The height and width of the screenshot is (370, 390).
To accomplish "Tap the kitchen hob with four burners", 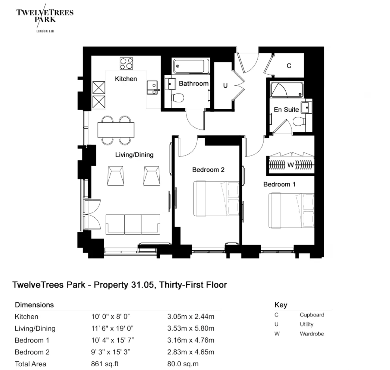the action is point(126,63).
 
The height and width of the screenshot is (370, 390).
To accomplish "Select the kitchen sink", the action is point(153,87).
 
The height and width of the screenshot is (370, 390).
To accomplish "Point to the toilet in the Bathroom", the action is point(178,98).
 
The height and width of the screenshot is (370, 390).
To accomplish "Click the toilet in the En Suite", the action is point(299,121).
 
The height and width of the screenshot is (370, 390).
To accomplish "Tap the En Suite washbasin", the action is point(306,108).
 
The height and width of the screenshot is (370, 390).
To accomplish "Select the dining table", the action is point(116,130).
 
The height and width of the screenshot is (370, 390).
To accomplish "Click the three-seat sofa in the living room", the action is point(133,224).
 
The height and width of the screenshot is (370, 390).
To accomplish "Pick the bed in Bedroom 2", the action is point(216,198).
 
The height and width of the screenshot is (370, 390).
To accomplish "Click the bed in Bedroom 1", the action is point(291,210).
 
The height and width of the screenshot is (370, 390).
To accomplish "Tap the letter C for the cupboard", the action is point(289,66).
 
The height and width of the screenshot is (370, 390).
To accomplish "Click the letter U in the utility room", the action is point(225,86).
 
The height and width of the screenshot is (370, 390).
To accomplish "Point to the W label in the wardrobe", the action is point(291,165).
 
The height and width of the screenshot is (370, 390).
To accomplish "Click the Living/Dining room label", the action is point(134,155).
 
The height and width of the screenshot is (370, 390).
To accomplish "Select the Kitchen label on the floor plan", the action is point(126,79).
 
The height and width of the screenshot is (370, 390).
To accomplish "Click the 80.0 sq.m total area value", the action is point(183,364).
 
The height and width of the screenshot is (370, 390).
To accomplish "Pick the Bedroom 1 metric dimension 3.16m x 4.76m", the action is point(191,340).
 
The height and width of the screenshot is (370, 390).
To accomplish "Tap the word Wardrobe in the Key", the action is point(312,334).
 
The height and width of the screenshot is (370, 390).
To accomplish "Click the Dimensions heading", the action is point(34,305).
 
